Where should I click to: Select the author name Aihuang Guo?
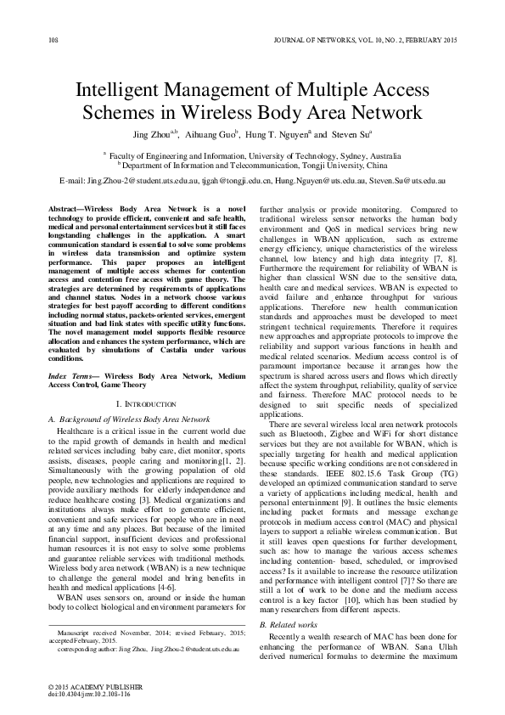[x=210, y=134]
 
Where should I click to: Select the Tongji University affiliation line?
[x=252, y=167]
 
